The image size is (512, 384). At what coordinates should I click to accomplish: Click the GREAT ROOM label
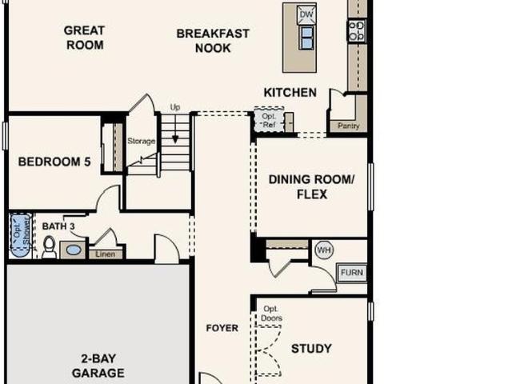click(x=84, y=38)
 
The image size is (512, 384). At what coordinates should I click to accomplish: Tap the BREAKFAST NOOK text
click(x=213, y=41)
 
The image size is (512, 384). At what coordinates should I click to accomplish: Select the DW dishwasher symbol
click(x=306, y=14)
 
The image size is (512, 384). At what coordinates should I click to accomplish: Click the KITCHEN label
click(x=290, y=93)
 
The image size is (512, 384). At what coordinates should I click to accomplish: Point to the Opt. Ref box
click(x=269, y=120)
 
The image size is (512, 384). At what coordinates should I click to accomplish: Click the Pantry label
click(x=349, y=126)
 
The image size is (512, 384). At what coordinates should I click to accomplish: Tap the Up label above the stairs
click(x=175, y=107)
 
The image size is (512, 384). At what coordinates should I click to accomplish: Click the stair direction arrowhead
click(x=175, y=139)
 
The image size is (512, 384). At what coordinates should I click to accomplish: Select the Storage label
click(x=141, y=141)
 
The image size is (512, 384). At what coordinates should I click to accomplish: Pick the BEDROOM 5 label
click(x=54, y=162)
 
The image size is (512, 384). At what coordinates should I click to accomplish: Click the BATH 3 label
click(x=58, y=226)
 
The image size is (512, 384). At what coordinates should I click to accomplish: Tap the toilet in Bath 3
click(x=50, y=246)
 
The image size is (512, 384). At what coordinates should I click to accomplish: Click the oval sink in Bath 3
click(x=74, y=250)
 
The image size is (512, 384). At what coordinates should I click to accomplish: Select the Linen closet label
click(x=105, y=254)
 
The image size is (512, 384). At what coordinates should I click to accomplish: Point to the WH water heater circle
click(x=324, y=250)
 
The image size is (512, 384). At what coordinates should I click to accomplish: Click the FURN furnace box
click(x=352, y=272)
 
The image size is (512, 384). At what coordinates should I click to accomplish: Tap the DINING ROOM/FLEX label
click(x=311, y=186)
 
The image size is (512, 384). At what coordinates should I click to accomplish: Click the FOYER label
click(x=222, y=328)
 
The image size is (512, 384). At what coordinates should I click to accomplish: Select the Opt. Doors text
click(x=272, y=314)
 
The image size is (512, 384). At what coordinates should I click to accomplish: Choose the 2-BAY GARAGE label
click(x=98, y=366)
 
